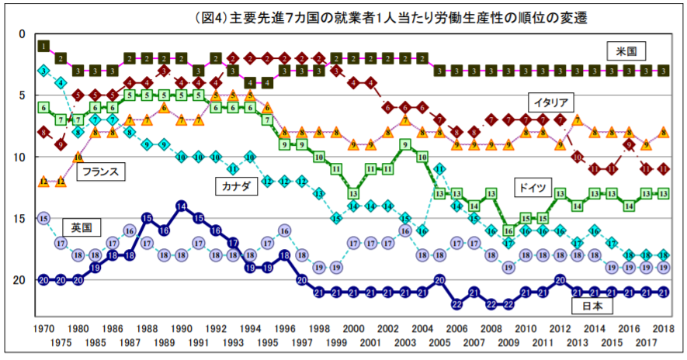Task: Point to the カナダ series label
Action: [235, 186]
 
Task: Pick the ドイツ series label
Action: [533, 188]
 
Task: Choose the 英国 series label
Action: [82, 227]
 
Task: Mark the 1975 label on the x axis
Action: [61, 342]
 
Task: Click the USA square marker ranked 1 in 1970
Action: [43, 46]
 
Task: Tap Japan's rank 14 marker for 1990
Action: [181, 206]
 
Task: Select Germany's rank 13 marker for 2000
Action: [353, 194]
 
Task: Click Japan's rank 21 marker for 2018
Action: [664, 292]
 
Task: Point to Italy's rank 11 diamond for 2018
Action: [664, 169]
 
